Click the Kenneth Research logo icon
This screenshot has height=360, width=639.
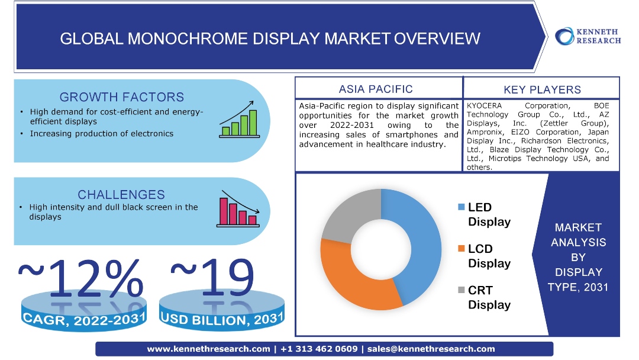tap(564, 36)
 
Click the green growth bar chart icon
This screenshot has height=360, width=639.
tap(240, 119)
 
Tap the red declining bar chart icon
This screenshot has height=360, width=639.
tap(238, 209)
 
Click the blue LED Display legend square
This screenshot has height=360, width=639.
tap(461, 207)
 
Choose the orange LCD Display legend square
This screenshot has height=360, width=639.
tap(461, 248)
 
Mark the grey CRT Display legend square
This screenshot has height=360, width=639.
tap(461, 290)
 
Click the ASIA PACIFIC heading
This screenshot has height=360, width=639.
tap(376, 89)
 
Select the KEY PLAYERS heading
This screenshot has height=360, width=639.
tap(542, 89)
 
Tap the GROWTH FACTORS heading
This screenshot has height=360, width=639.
tap(121, 97)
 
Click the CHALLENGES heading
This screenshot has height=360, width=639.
tap(121, 194)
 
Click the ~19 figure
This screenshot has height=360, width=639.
tap(212, 277)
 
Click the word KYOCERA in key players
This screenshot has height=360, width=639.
tap(484, 105)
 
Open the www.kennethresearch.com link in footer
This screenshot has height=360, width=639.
tap(208, 349)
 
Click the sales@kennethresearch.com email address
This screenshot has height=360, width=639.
tap(431, 349)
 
